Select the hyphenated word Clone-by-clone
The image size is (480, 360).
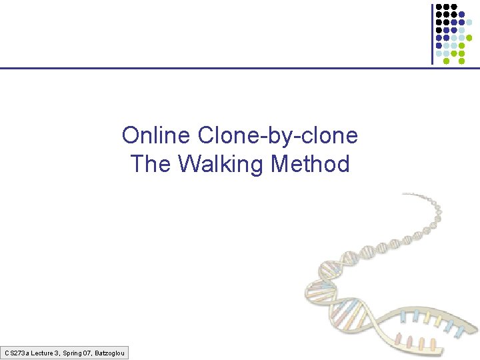coord(278,136)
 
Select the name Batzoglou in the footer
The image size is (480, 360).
coord(112,352)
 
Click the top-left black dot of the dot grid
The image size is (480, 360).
coord(439,6)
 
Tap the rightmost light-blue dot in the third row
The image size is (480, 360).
coord(469,22)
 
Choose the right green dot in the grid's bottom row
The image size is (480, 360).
coord(462,61)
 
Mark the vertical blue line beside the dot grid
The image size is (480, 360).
coord(432,33)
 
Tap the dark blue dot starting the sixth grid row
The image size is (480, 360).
coord(439,45)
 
